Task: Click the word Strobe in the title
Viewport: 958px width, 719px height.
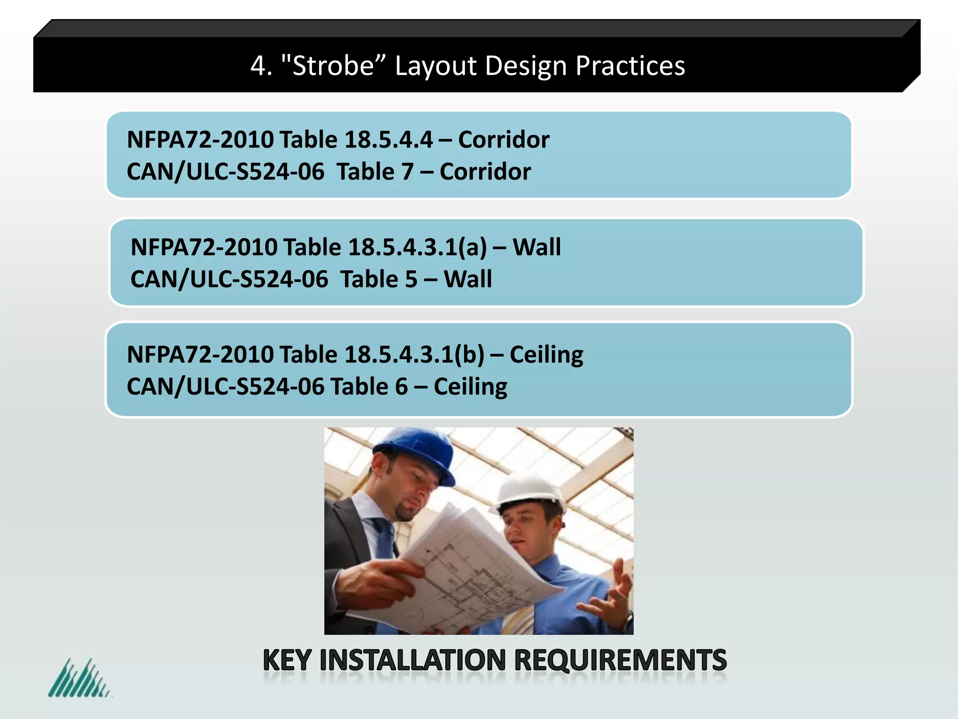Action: click(x=333, y=66)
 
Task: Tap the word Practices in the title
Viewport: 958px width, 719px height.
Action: click(x=630, y=66)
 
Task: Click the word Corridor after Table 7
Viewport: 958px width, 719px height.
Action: click(x=485, y=172)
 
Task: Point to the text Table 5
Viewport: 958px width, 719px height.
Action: click(x=378, y=279)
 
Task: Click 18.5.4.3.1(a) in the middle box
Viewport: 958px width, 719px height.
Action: click(x=417, y=247)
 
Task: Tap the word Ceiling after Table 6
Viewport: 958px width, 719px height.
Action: click(x=470, y=387)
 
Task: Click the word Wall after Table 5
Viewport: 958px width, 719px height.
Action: click(x=468, y=279)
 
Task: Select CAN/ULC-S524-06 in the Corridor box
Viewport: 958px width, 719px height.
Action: click(x=225, y=172)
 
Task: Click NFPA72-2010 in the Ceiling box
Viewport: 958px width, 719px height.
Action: click(x=200, y=354)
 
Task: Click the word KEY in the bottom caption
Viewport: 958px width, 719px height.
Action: click(x=287, y=660)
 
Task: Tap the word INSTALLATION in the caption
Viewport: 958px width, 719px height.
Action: click(x=412, y=660)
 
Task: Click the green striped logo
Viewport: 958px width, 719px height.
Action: click(x=79, y=679)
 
